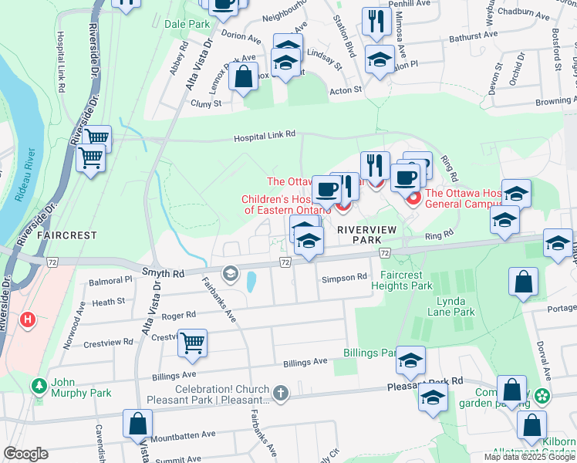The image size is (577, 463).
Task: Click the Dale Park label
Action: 187,25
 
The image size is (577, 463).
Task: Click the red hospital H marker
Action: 29,319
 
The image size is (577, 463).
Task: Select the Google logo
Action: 25,454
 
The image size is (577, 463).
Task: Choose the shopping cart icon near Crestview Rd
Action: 192,343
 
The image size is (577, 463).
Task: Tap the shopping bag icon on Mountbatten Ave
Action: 138,424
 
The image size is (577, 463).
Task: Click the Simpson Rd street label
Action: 345,277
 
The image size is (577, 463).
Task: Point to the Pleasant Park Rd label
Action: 427,381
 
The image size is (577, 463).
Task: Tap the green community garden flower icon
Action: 544,396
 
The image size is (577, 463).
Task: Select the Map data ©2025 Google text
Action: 529,457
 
